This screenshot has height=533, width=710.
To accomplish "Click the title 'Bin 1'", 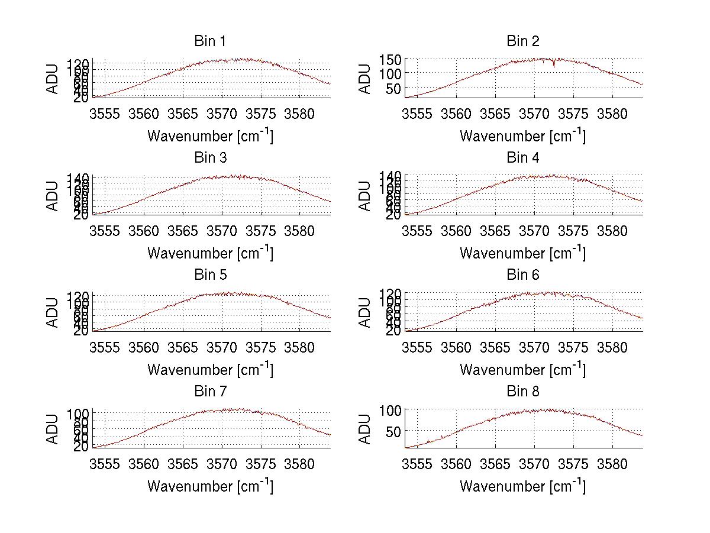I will [x=209, y=41].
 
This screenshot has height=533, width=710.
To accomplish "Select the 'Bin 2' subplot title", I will [x=522, y=41].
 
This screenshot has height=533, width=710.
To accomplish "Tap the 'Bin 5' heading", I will [x=209, y=275].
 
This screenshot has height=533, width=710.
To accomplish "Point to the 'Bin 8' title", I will [x=522, y=392].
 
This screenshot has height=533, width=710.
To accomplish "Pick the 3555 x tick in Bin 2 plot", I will [x=417, y=114].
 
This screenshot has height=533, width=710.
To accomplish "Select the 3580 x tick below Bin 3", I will [x=299, y=231].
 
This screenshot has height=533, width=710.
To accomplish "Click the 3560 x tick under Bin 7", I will [x=144, y=464].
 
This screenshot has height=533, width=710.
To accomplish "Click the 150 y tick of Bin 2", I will [x=395, y=59].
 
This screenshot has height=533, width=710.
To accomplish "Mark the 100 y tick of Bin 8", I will [x=395, y=410].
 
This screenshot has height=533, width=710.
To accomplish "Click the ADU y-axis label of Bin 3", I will [x=53, y=195].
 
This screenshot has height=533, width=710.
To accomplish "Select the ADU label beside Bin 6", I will [x=366, y=312].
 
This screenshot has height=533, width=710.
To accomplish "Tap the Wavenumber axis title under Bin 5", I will [x=210, y=370].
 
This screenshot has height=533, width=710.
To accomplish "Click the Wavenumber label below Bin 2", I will [x=522, y=136].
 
